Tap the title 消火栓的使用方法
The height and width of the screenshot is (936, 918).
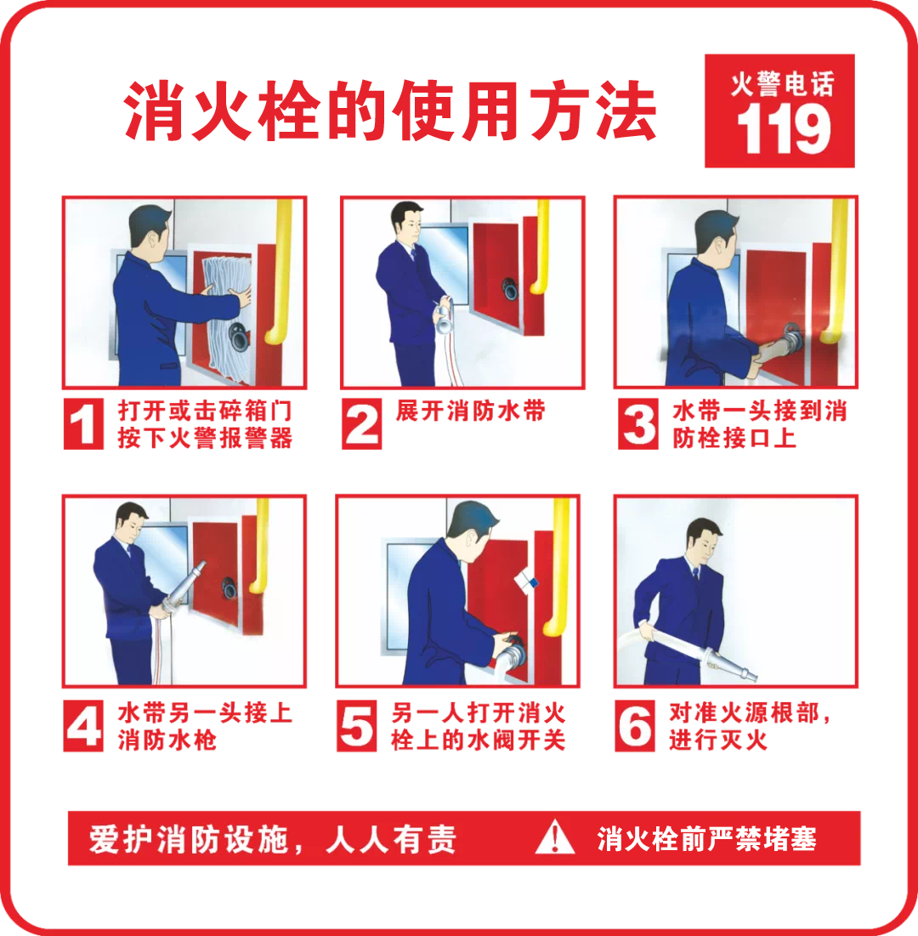coord(389,111)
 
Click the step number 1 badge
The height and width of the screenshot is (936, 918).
coord(83,423)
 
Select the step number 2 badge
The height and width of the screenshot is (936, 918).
coord(361,423)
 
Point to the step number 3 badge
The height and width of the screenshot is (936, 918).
coord(638,423)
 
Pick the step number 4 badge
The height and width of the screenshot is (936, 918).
coord(83,726)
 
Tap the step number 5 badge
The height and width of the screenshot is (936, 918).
coord(357,726)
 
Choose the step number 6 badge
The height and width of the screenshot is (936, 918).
coord(635,726)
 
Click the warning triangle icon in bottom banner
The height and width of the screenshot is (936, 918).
coord(554,837)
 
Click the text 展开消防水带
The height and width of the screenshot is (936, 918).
coord(470,411)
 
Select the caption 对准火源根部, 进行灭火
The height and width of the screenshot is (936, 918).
coord(748,726)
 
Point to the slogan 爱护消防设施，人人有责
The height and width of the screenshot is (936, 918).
coord(273,839)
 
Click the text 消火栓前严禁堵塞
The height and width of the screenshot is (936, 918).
coord(706,839)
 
